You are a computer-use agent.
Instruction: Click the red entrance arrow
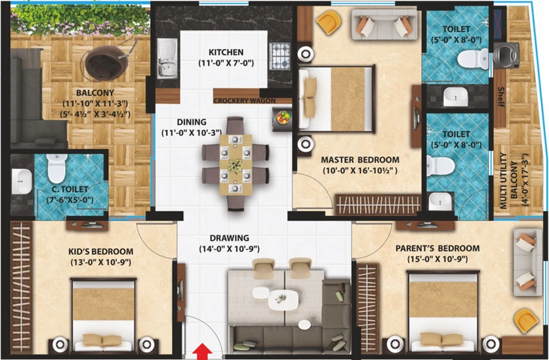(201, 351)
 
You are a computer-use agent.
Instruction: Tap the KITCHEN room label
(226, 52)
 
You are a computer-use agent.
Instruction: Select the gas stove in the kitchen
(280, 56)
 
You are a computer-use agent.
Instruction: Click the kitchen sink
(167, 58)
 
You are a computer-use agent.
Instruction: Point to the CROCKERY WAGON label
(245, 101)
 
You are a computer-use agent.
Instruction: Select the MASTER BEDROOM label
(360, 160)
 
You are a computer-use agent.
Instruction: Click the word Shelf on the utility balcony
(500, 97)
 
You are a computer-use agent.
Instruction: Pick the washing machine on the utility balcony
(506, 55)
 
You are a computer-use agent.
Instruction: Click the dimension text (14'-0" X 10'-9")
(230, 249)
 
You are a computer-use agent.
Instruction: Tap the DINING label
(192, 122)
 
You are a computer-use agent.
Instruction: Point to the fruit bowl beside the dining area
(283, 117)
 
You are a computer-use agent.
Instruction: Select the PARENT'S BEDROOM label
(437, 249)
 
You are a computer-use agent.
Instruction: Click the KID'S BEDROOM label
(101, 251)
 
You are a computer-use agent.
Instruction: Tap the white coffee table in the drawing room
(283, 300)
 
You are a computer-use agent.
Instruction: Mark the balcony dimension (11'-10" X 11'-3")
(95, 104)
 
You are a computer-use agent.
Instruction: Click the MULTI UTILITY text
(503, 181)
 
